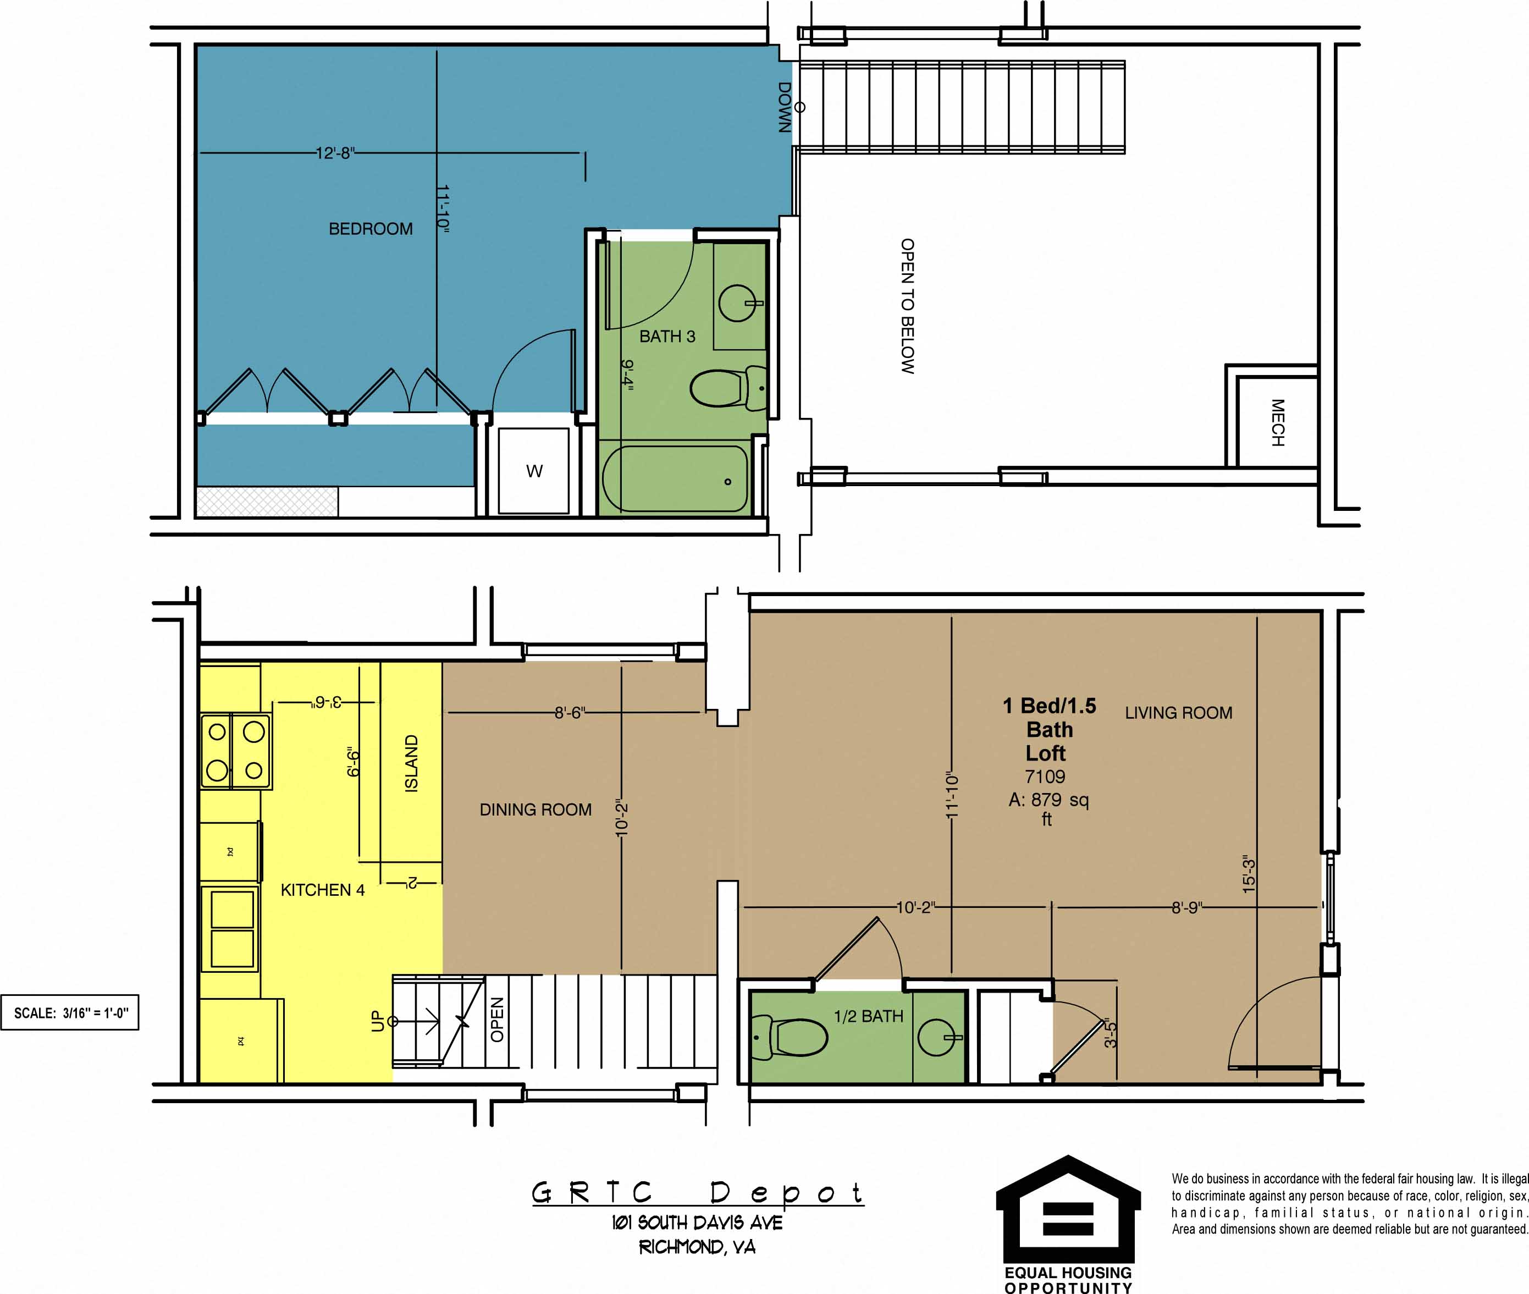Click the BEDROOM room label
pyautogui.click(x=371, y=229)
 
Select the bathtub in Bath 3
pyautogui.click(x=675, y=478)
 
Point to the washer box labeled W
pyautogui.click(x=534, y=471)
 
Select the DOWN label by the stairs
pyautogui.click(x=785, y=107)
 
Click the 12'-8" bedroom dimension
pyautogui.click(x=335, y=153)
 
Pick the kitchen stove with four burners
pyautogui.click(x=235, y=751)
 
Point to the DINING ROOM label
pyautogui.click(x=536, y=810)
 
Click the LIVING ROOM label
pyautogui.click(x=1178, y=713)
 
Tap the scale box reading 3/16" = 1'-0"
pyautogui.click(x=70, y=1013)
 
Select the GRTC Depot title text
pyautogui.click(x=697, y=1193)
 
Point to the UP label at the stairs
pyautogui.click(x=378, y=1021)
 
